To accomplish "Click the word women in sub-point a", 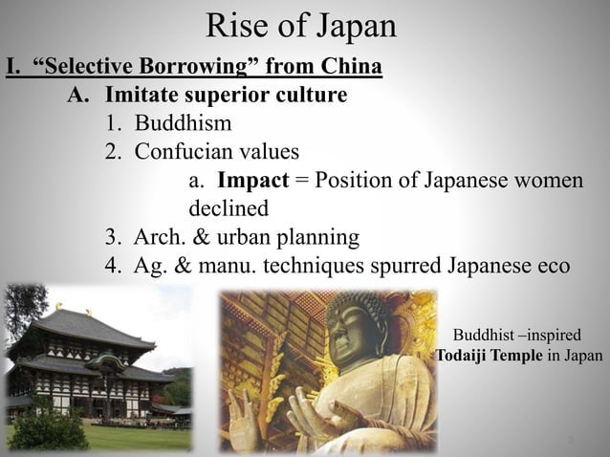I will tap(546, 180).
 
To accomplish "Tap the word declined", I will tap(229, 207).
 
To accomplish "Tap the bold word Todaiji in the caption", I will tap(469, 356).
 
